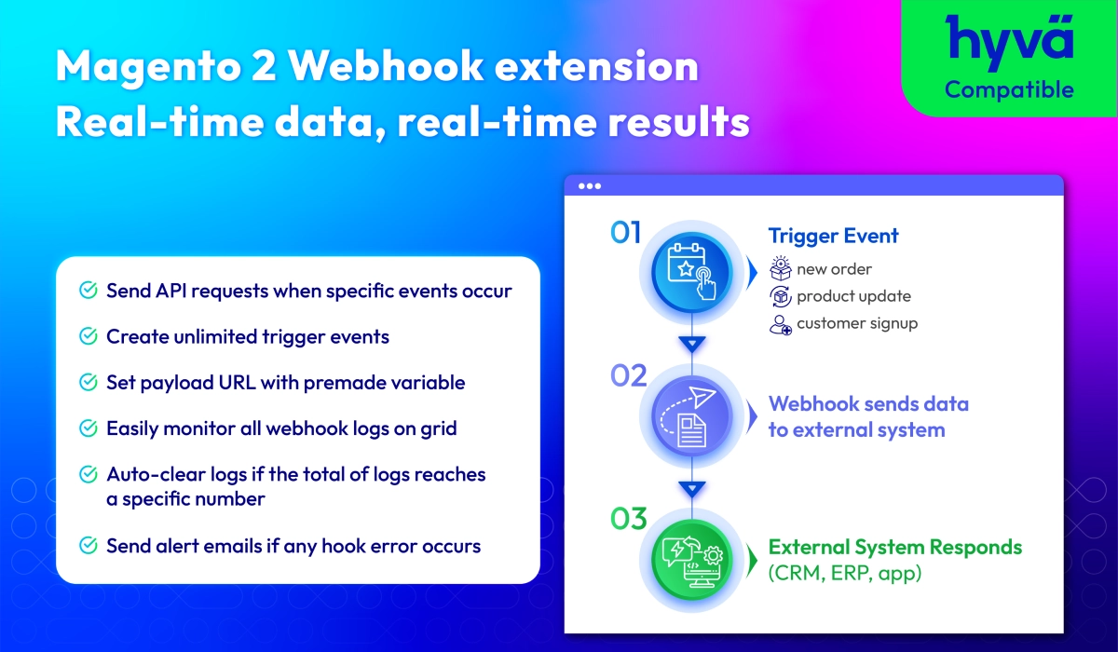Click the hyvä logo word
1009,41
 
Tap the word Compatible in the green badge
1009,90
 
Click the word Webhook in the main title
386,65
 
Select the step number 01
625,233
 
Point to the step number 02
628,375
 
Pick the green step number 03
628,519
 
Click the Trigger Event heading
833,236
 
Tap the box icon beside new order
780,268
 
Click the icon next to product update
780,296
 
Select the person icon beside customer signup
780,324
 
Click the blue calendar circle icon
691,272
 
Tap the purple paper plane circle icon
691,416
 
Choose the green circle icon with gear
691,560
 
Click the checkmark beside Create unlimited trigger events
89,336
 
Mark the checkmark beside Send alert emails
89,545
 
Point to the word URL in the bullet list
237,383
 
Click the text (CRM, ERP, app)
844,573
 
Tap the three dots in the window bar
590,186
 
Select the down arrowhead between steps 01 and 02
691,344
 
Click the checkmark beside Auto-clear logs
89,474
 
